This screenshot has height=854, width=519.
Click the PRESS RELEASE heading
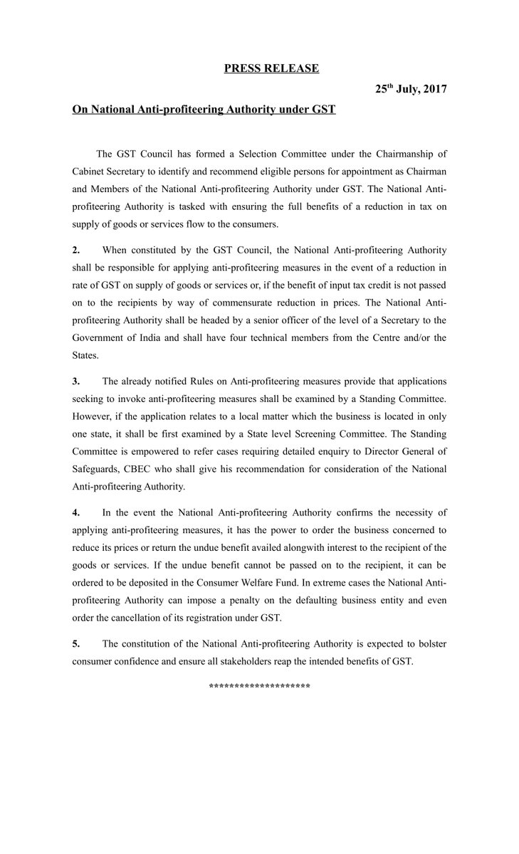coord(271,68)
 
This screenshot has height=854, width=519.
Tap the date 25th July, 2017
coord(411,90)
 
